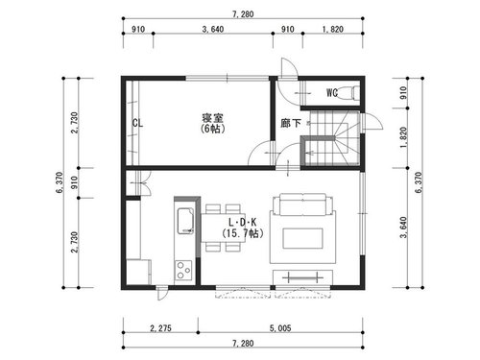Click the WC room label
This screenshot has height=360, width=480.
pos(332,92)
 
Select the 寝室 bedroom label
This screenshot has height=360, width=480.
pos(212,118)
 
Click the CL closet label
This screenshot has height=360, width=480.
pos(137,123)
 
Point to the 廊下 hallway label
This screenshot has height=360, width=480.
pos(291,123)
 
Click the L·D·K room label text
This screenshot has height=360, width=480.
pos(242,222)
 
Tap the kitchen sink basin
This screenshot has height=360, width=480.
pos(185,222)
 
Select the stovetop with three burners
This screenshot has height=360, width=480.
pos(183,271)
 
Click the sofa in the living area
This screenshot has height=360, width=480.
pos(302,204)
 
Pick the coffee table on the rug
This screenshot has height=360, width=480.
pos(302,238)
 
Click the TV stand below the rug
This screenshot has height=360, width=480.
pos(302,277)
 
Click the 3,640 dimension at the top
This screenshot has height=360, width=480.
pos(213,30)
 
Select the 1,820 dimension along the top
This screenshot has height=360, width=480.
pos(333,30)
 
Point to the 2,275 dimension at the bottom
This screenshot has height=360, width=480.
pos(160,328)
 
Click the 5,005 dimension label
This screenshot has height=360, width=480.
pos(280,328)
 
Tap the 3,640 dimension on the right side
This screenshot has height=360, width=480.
pos(403,228)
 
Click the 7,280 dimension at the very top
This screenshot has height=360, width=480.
pos(243,14)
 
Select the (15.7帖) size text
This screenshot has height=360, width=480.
pos(242,233)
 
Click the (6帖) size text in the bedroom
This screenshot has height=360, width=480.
pos(212,129)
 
